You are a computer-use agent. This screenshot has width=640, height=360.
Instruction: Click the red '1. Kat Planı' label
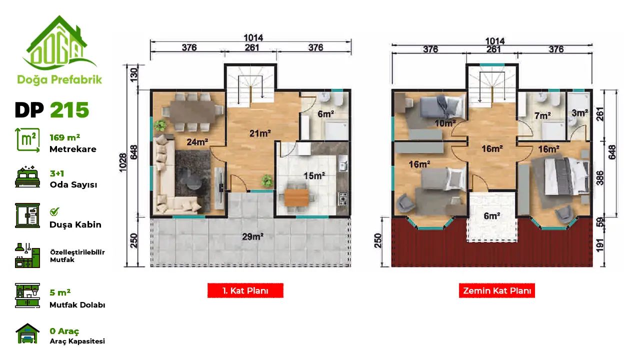245,290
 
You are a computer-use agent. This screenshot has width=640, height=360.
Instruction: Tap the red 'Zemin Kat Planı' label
497,290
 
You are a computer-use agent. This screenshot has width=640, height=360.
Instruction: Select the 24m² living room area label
197,142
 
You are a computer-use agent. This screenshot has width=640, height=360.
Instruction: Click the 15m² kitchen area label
314,175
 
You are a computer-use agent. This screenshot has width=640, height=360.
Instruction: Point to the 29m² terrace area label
252,236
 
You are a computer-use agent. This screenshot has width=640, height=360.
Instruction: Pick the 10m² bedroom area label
445,123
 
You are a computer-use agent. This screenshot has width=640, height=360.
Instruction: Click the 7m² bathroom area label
542,115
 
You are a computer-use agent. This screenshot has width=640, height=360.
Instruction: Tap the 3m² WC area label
579,113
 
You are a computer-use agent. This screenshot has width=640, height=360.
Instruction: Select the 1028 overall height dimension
122,162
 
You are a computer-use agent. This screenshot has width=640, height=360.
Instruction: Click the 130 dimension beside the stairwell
133,75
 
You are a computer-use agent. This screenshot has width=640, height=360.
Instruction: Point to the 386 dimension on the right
600,178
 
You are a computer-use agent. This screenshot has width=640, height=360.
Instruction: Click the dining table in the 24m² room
193,111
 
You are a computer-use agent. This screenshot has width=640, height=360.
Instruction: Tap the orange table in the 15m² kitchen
296,197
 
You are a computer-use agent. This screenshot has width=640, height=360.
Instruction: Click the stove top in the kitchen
343,199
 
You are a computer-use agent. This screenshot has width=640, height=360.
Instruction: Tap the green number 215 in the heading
69,110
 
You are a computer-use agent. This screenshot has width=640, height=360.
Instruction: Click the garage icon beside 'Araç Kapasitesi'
27,333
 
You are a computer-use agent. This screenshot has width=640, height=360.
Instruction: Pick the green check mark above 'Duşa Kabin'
54,211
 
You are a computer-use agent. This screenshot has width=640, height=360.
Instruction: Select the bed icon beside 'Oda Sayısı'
27,176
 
